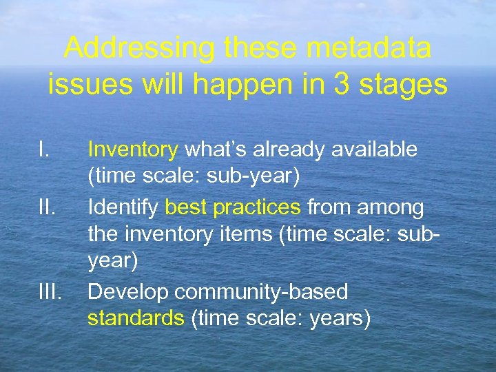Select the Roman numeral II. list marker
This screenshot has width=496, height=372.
tap(46, 207)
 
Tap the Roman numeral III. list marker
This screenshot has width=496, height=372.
tap(50, 291)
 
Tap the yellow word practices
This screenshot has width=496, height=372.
tap(257, 207)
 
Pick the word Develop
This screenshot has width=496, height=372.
tap(128, 291)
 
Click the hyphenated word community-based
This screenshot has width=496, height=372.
tap(261, 291)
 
